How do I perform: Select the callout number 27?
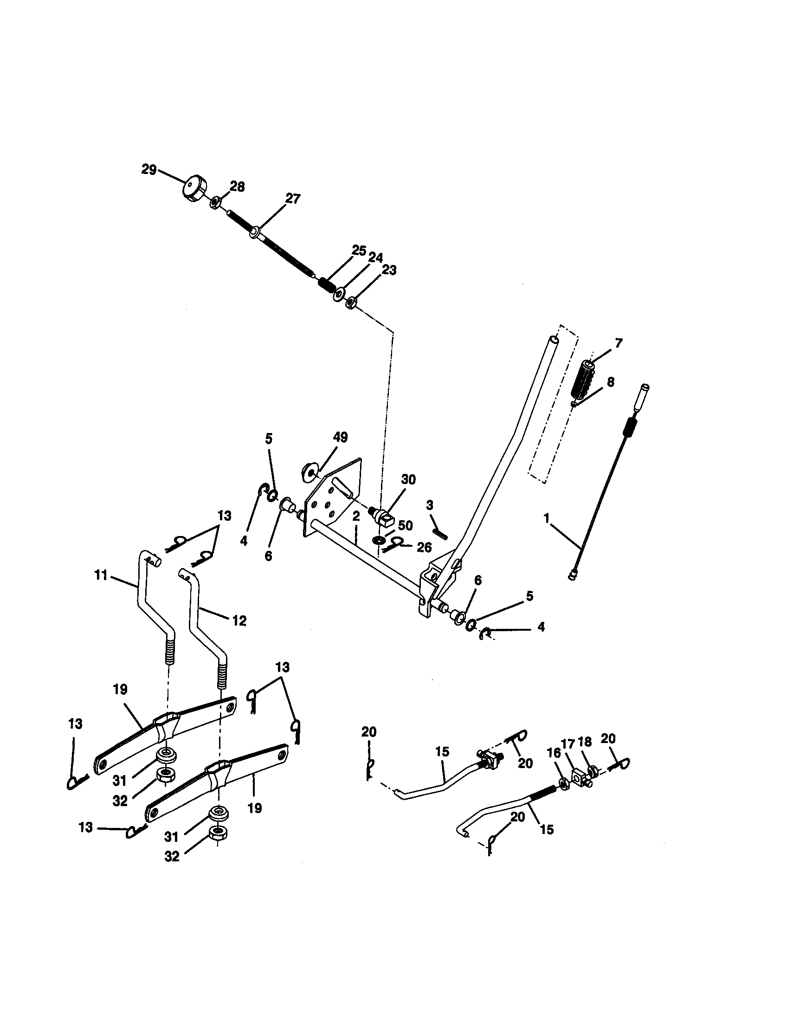pos(293,199)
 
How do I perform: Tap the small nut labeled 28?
pos(215,203)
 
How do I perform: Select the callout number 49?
pos(340,438)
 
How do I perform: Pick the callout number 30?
pos(408,480)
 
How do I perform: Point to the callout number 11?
pos(101,575)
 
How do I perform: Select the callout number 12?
pos(239,621)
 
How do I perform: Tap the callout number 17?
pos(568,743)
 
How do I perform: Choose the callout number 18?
pos(585,742)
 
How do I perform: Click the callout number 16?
pos(553,754)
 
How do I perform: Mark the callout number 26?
pos(423,548)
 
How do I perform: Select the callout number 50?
pos(405,525)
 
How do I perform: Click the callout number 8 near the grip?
pos(610,382)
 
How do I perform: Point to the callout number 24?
pos(375,258)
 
